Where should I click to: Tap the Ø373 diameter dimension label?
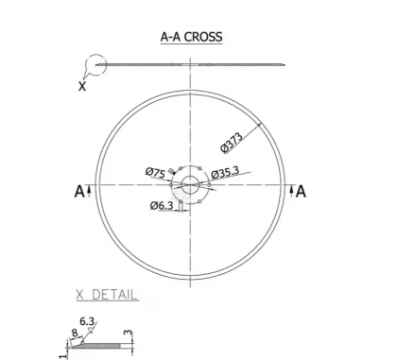233,139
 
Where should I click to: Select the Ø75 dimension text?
156,172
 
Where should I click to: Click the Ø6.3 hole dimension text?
160,205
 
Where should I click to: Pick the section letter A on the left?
78,192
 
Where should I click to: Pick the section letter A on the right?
301,192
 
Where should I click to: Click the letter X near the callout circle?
82,84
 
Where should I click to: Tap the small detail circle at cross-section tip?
95,65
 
